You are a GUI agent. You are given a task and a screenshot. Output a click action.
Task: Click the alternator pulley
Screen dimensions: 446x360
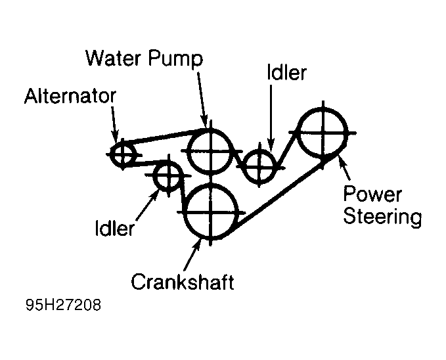pyautogui.click(x=122, y=155)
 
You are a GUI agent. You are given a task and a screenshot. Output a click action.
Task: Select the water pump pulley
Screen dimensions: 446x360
pyautogui.click(x=210, y=150)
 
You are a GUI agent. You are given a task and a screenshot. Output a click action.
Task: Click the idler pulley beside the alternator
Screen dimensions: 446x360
pyautogui.click(x=167, y=175)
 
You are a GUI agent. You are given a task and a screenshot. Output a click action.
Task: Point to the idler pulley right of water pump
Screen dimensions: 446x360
pyautogui.click(x=259, y=165)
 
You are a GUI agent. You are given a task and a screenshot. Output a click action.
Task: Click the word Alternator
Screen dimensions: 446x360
pyautogui.click(x=70, y=97)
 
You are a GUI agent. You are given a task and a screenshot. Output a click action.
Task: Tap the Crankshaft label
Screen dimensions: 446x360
pyautogui.click(x=183, y=282)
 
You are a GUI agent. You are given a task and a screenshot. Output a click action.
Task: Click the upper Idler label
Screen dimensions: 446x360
pyautogui.click(x=286, y=73)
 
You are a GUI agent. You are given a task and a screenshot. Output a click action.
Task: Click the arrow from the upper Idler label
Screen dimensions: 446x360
pyautogui.click(x=270, y=118)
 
